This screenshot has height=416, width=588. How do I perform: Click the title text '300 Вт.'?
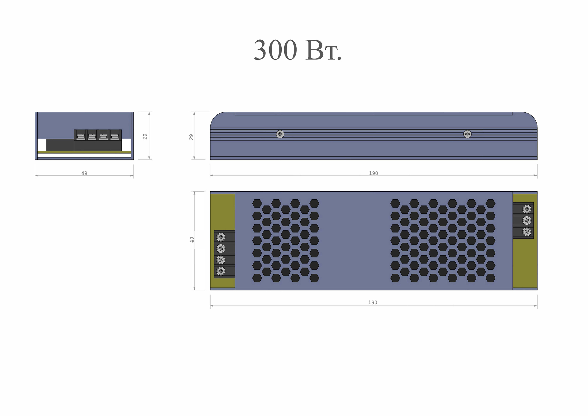[297, 51]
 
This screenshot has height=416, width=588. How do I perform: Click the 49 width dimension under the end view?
[84, 173]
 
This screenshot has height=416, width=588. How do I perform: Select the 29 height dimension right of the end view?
[145, 136]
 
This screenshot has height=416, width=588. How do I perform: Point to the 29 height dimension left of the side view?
[191, 137]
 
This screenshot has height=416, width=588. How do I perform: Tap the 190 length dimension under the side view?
[373, 173]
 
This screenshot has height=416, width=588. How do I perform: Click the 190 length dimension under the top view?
[373, 303]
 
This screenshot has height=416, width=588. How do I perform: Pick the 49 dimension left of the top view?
[192, 240]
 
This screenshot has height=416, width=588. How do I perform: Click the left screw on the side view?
[280, 134]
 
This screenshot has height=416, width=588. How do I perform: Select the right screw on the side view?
[467, 134]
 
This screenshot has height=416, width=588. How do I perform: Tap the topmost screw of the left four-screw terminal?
[221, 237]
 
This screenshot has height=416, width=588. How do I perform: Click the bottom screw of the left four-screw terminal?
[221, 271]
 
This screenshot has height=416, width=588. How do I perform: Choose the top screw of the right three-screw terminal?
[527, 209]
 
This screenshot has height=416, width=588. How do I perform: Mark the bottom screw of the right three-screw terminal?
[527, 232]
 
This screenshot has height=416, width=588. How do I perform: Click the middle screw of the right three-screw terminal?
[527, 220]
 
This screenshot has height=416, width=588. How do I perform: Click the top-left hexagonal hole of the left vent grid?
[257, 203]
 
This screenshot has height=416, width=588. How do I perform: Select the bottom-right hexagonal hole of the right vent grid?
[490, 278]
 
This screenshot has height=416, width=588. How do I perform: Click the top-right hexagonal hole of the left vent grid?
[314, 203]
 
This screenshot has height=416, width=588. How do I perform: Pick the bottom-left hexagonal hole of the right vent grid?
[395, 278]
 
